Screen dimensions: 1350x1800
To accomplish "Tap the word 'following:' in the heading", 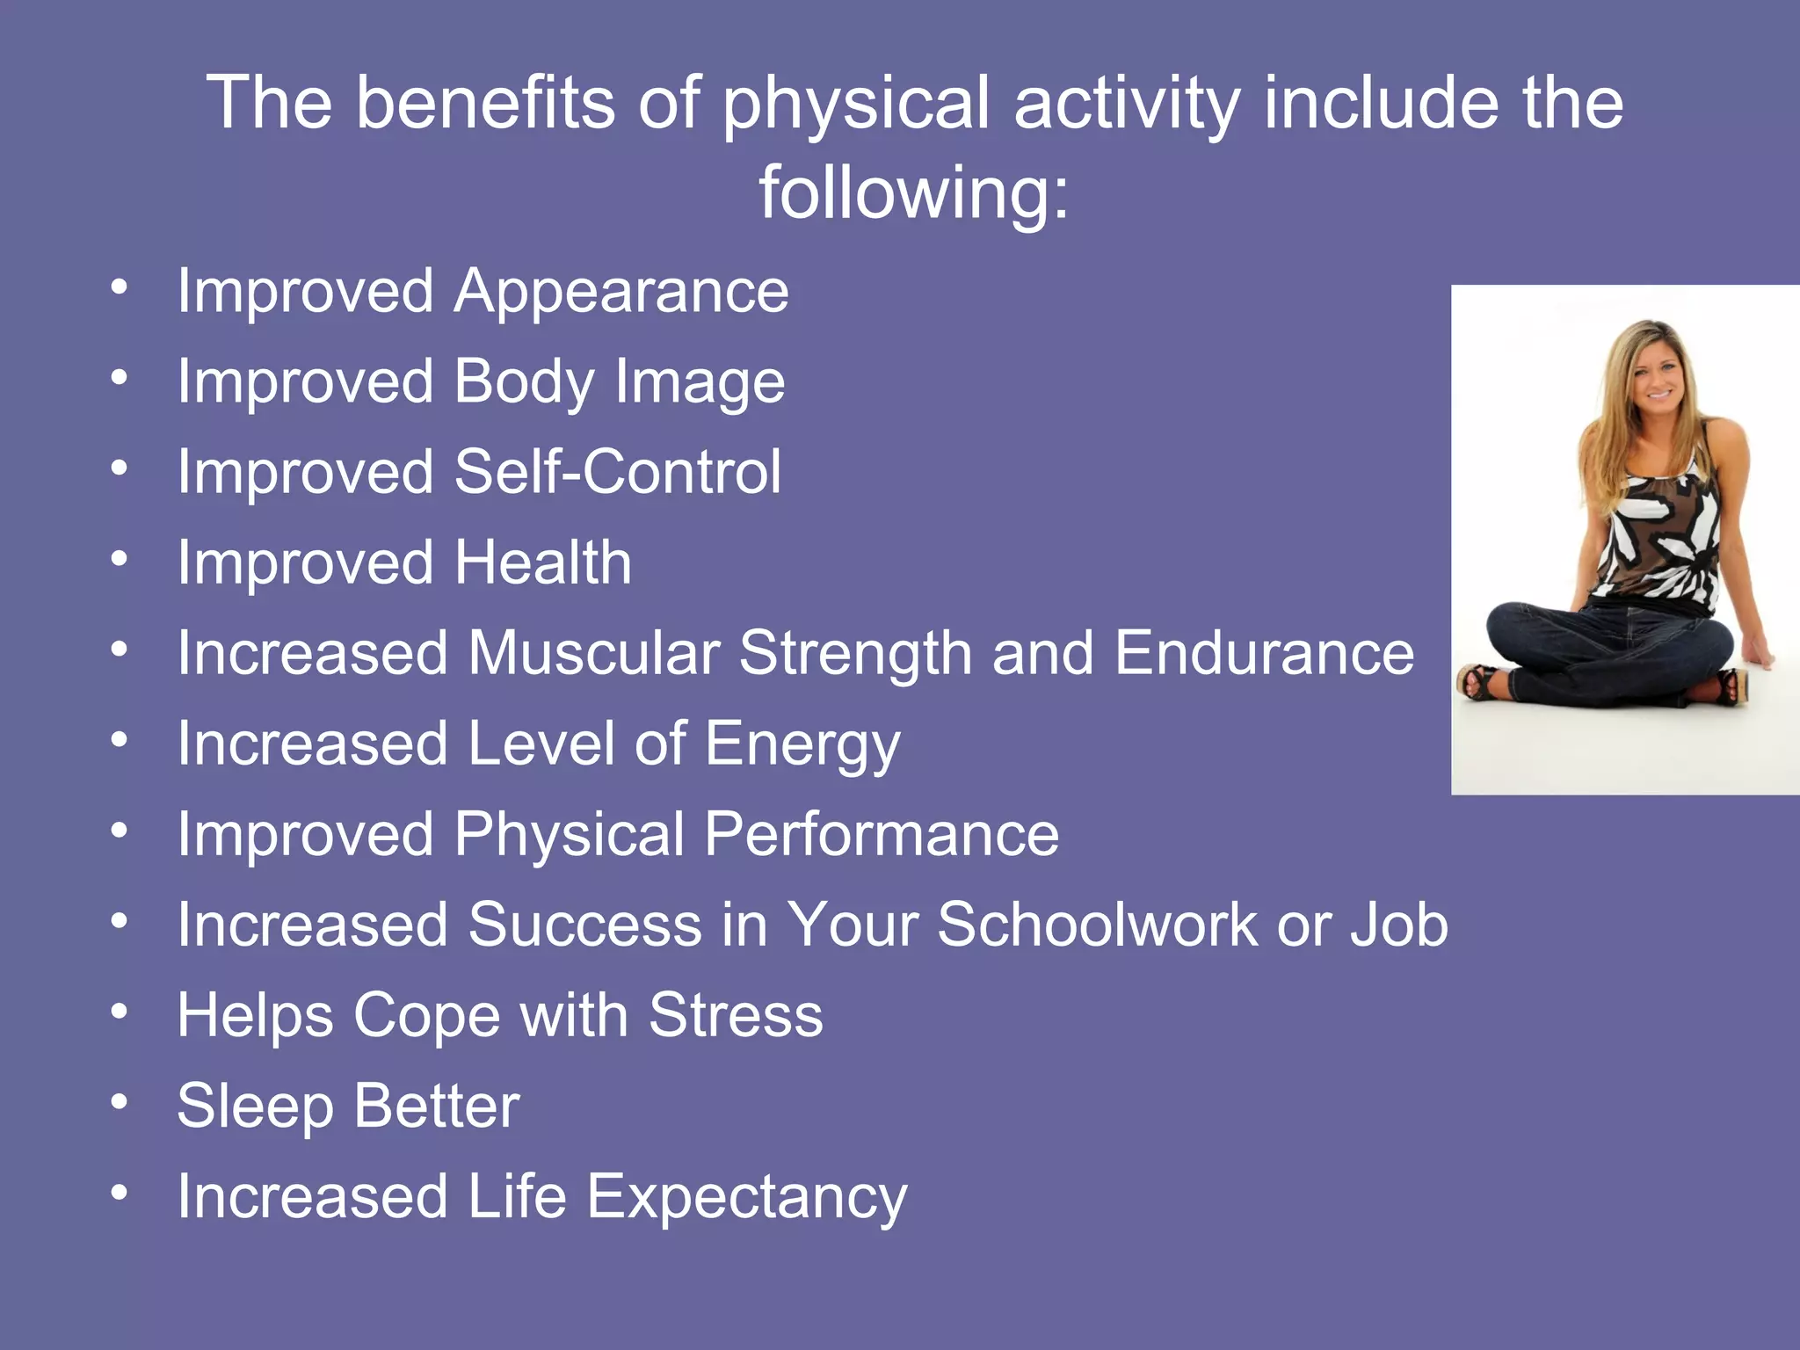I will click(914, 192).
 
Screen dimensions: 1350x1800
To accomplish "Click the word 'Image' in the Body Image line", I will click(700, 382).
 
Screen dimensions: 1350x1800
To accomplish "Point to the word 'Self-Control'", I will click(618, 472).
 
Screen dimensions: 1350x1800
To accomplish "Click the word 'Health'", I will click(543, 562).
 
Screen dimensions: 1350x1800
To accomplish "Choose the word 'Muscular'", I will click(594, 653).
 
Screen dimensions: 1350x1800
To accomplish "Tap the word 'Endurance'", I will click(1265, 653).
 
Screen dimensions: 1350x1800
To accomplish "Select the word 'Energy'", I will click(802, 745).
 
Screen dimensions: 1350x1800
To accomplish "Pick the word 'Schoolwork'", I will click(1097, 925).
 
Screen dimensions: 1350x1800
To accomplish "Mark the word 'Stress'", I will click(736, 1015).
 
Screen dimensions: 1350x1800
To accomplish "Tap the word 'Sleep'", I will click(255, 1107).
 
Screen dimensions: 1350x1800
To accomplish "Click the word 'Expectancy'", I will click(746, 1197).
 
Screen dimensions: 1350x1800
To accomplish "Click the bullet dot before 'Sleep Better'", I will click(120, 1101).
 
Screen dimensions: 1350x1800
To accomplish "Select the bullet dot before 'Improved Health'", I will click(120, 558).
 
